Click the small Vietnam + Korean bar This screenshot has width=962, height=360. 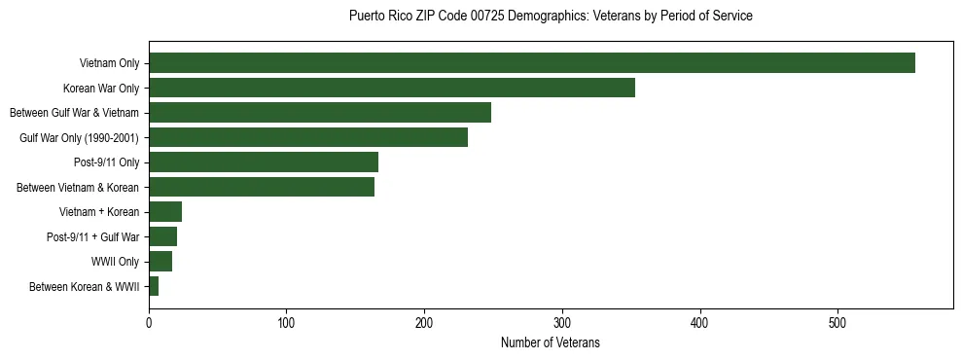165,212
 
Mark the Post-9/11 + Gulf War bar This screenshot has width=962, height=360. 163,236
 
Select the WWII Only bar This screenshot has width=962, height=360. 160,262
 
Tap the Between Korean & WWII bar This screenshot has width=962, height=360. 154,286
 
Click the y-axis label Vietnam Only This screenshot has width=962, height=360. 109,63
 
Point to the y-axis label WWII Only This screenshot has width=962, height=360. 116,262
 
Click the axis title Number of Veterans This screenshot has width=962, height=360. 551,342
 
